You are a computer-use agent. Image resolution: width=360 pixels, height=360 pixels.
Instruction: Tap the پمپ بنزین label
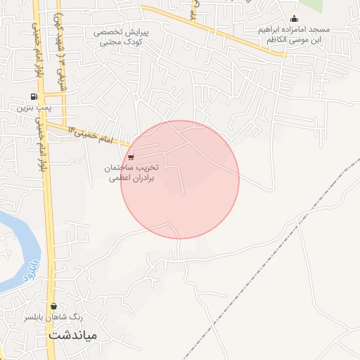click(x=32, y=109)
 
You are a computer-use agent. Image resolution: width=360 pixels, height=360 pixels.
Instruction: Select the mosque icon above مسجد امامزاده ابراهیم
click(x=293, y=19)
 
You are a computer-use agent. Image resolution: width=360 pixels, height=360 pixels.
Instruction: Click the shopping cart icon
click(x=131, y=157)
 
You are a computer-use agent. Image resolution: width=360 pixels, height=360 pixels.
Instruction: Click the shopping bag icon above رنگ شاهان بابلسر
click(x=54, y=306)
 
